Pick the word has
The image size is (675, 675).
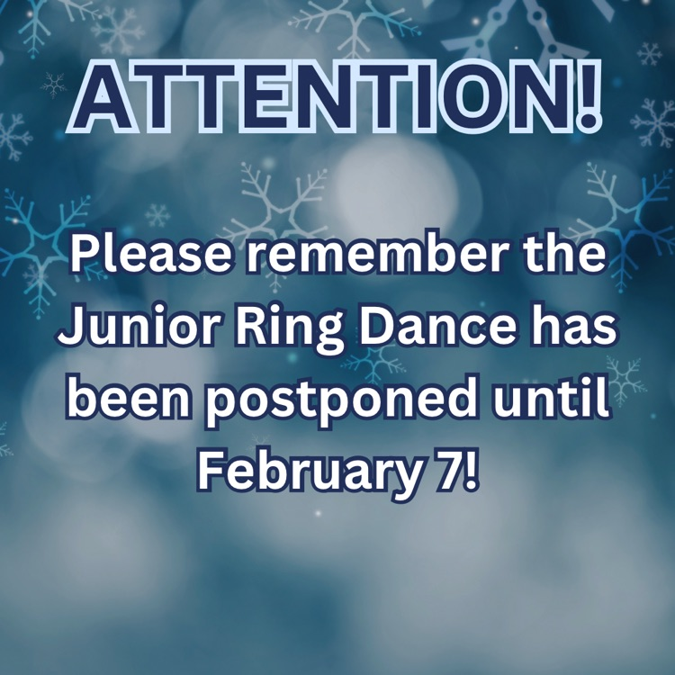pos(576,330)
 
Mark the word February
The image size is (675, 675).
pos(301,471)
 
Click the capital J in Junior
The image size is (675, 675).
pos(70,330)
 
